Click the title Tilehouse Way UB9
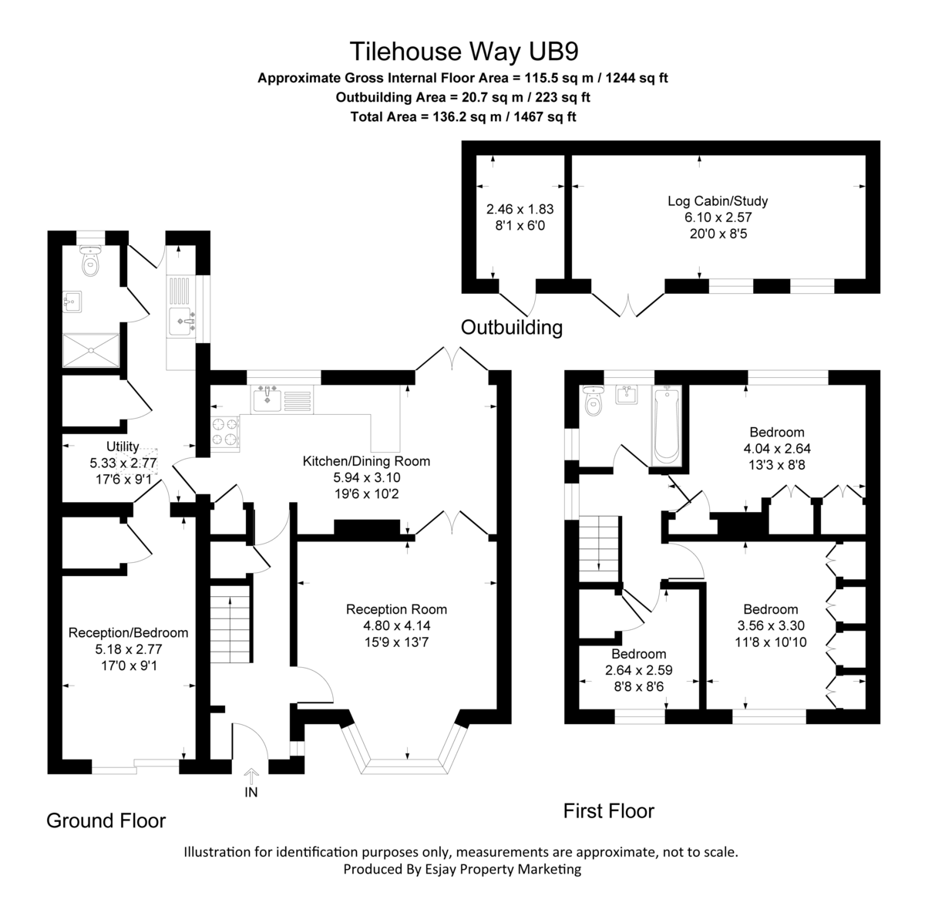(463, 51)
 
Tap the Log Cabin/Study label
(717, 201)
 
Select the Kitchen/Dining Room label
(366, 461)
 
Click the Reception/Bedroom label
(128, 632)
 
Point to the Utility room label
(123, 446)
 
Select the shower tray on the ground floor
(92, 351)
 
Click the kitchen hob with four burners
(225, 432)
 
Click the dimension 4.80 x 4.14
(396, 625)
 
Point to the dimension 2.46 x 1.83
(520, 209)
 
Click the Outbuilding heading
(511, 327)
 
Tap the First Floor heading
(608, 810)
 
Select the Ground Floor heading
(106, 820)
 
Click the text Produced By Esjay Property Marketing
(462, 869)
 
